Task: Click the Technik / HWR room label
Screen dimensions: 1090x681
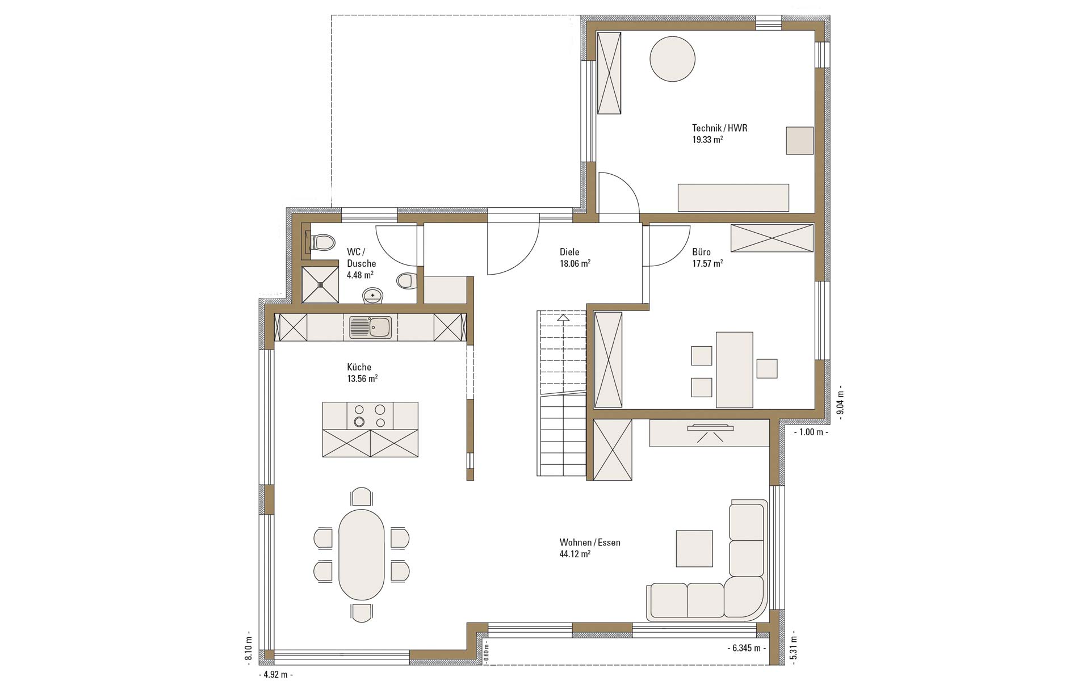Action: pos(719,128)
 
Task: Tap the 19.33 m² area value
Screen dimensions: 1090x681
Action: pos(707,140)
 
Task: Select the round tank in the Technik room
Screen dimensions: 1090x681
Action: pos(672,59)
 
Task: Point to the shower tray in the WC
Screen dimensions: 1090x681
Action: pos(320,285)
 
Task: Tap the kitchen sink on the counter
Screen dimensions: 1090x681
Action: pos(370,327)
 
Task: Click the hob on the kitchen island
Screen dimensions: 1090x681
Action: pos(370,416)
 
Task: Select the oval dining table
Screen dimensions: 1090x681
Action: pos(362,554)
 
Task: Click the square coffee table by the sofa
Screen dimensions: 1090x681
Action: pos(694,548)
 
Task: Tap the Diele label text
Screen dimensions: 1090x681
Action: pos(569,252)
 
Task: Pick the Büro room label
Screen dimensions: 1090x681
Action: pos(701,252)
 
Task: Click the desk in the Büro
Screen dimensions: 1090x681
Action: pos(735,369)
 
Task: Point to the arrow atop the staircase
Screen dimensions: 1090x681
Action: pos(563,317)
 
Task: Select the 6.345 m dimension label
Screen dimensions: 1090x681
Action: pos(747,648)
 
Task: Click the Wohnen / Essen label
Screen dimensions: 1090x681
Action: pos(590,543)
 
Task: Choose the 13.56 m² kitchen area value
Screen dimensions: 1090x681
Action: pos(362,379)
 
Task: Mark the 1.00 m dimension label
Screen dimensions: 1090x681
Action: pos(811,432)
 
